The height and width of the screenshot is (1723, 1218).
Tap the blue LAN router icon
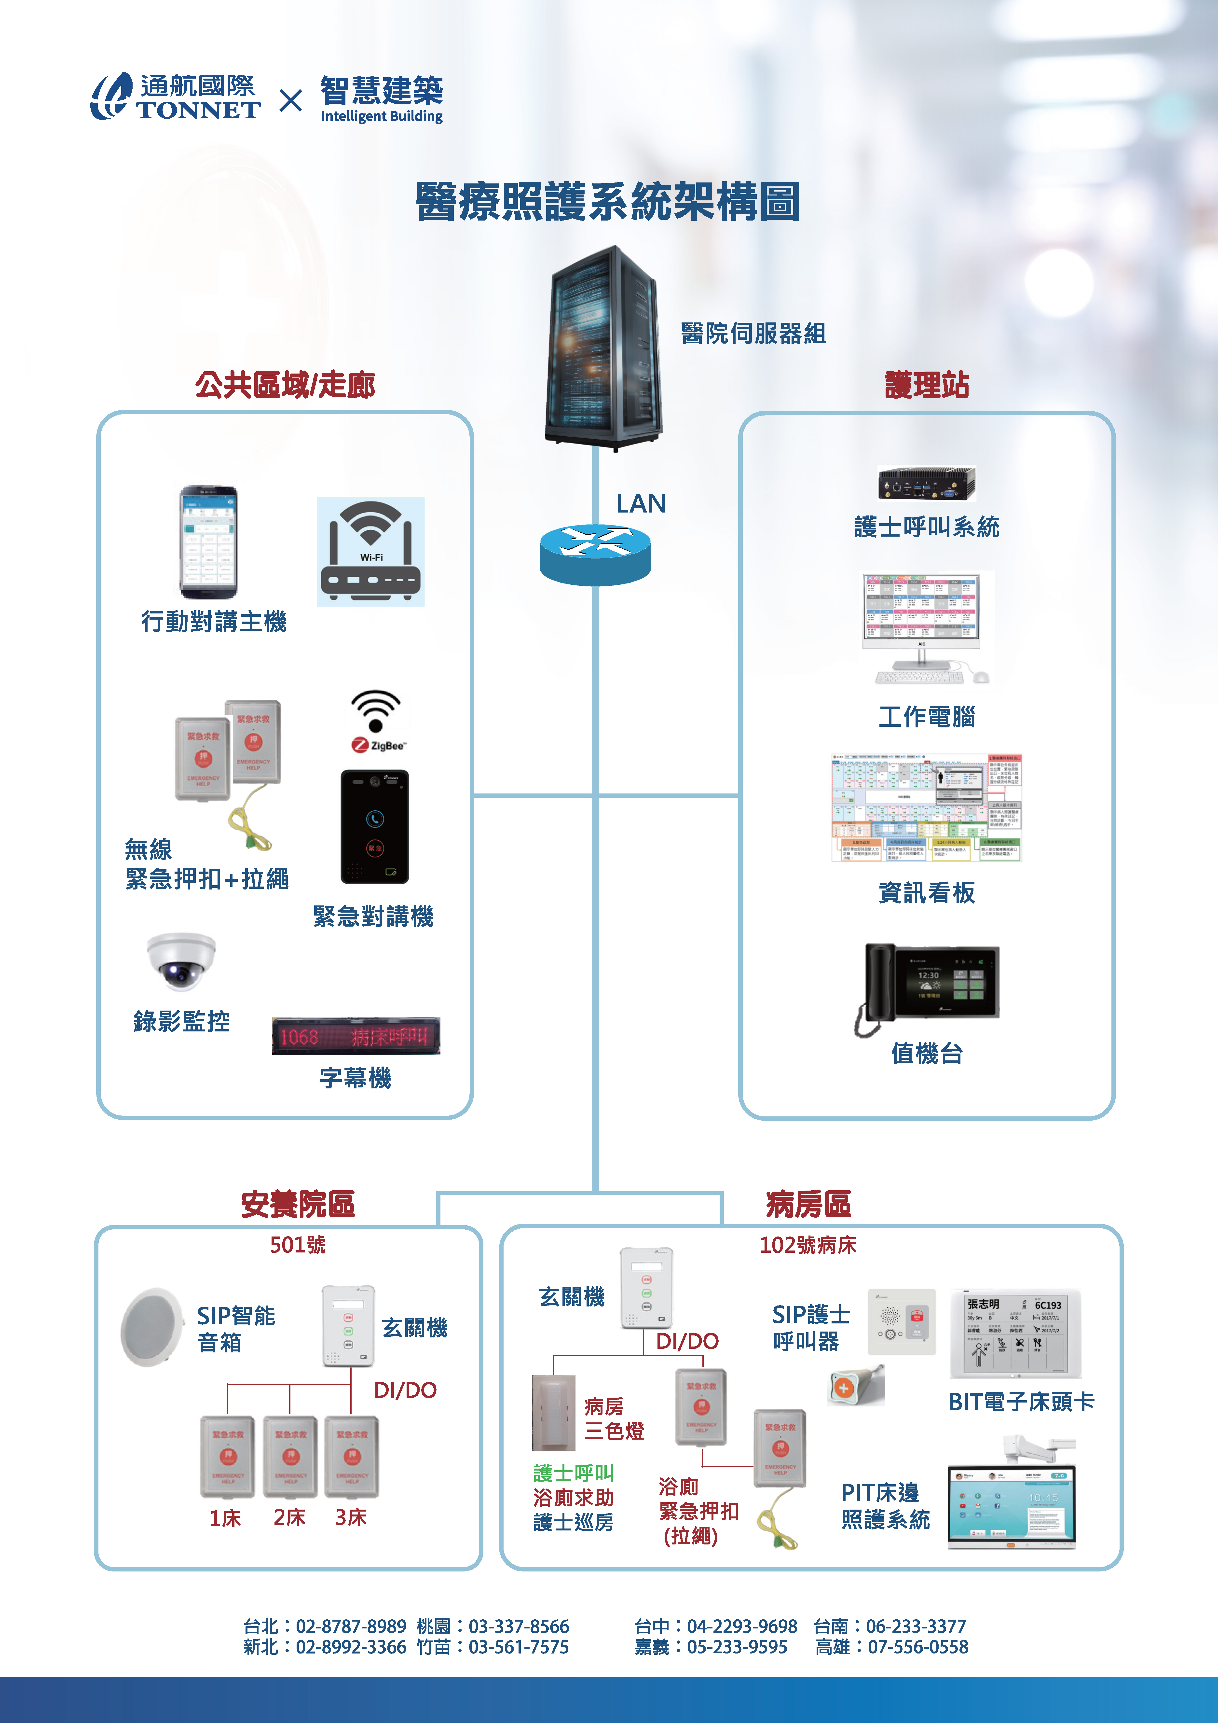(x=595, y=554)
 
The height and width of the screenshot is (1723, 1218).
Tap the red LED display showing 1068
(x=356, y=1036)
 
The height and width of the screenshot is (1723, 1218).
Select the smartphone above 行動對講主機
(x=209, y=542)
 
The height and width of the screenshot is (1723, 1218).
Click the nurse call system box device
(x=927, y=483)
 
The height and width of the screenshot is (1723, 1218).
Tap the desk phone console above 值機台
(x=927, y=989)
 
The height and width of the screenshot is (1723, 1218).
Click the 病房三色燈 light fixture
(x=554, y=1412)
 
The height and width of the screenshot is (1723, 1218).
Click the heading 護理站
(x=927, y=385)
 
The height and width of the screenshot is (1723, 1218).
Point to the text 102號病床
(x=807, y=1245)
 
